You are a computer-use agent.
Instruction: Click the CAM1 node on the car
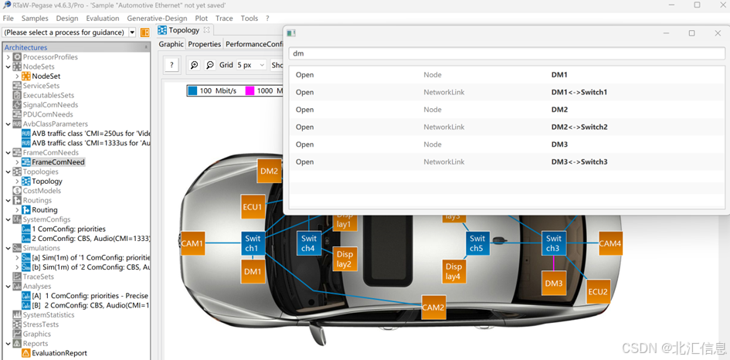click(192, 244)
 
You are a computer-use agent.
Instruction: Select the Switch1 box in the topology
click(253, 243)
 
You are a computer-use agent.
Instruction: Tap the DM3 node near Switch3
click(554, 284)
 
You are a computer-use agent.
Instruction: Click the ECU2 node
click(598, 291)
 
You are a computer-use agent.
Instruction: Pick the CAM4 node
click(609, 244)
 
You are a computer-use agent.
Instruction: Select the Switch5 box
click(477, 243)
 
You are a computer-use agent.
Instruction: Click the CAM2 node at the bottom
click(433, 307)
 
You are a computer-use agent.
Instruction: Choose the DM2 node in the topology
click(269, 172)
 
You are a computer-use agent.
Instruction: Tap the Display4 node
click(453, 271)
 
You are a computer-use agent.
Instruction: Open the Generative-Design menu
click(158, 19)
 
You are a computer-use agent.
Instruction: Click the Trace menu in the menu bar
click(224, 19)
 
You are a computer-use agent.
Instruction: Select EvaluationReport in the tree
click(59, 353)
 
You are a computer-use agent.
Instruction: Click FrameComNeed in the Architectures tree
click(58, 162)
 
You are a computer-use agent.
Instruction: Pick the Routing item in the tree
click(45, 210)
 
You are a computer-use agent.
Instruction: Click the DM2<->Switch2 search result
click(579, 127)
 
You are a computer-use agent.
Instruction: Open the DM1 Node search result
click(559, 75)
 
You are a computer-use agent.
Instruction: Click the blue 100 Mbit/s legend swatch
click(192, 90)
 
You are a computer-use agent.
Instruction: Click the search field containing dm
click(506, 54)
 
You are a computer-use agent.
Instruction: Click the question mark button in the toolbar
click(171, 65)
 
